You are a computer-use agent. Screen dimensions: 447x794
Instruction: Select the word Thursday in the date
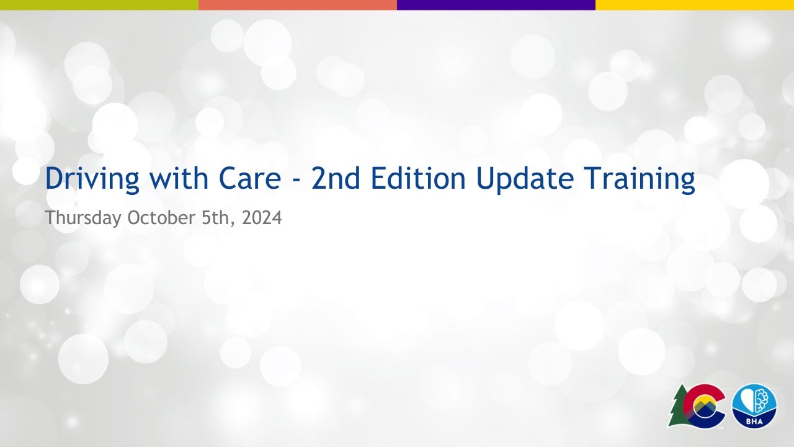click(83, 219)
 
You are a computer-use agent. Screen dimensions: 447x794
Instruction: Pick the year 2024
click(262, 219)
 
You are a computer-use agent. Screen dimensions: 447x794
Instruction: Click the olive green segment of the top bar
click(99, 4)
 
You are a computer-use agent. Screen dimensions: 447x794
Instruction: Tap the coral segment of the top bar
click(298, 4)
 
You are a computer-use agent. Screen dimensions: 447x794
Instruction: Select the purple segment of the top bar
click(496, 4)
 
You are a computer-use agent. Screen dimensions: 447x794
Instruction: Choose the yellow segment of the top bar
click(695, 4)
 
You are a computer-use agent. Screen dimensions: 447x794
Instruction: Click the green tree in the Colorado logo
click(678, 407)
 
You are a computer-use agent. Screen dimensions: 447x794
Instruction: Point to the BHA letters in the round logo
click(754, 420)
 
